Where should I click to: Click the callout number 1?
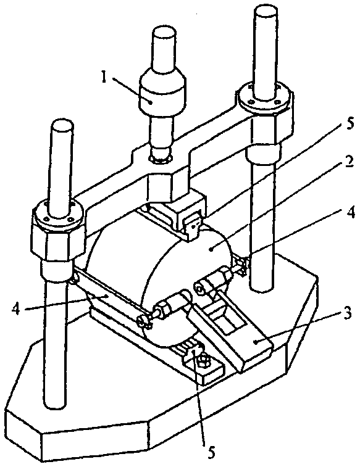[x=104, y=78]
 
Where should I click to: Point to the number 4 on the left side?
[x=17, y=309]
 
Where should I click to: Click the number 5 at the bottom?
[x=211, y=452]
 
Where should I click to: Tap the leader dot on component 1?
[x=151, y=102]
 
